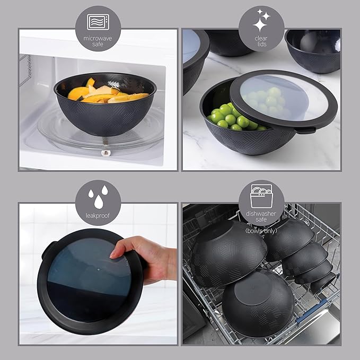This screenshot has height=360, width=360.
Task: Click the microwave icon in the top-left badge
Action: (x=99, y=22)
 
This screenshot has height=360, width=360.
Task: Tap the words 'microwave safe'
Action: (x=99, y=41)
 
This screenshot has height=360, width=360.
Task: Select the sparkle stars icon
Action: (x=261, y=22)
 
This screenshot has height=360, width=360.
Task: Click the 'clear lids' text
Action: (x=261, y=41)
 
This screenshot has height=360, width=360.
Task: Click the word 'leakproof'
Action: (x=99, y=215)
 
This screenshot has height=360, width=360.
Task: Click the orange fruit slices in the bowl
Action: (x=106, y=93)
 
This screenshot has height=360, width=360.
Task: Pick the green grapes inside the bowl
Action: (x=228, y=117)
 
